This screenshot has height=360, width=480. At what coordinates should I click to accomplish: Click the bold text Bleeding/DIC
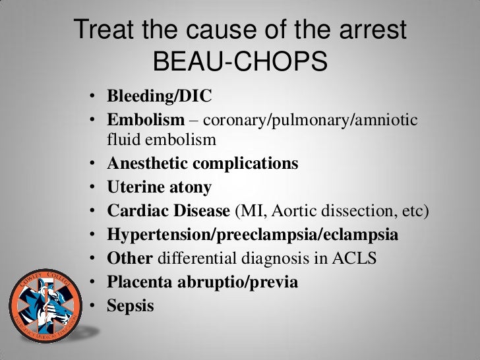159,97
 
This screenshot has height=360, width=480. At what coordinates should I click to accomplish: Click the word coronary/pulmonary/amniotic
313,121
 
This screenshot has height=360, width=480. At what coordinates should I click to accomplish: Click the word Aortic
287,212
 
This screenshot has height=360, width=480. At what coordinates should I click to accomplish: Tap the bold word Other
125,259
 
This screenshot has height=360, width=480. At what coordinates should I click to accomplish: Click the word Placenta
133,283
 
